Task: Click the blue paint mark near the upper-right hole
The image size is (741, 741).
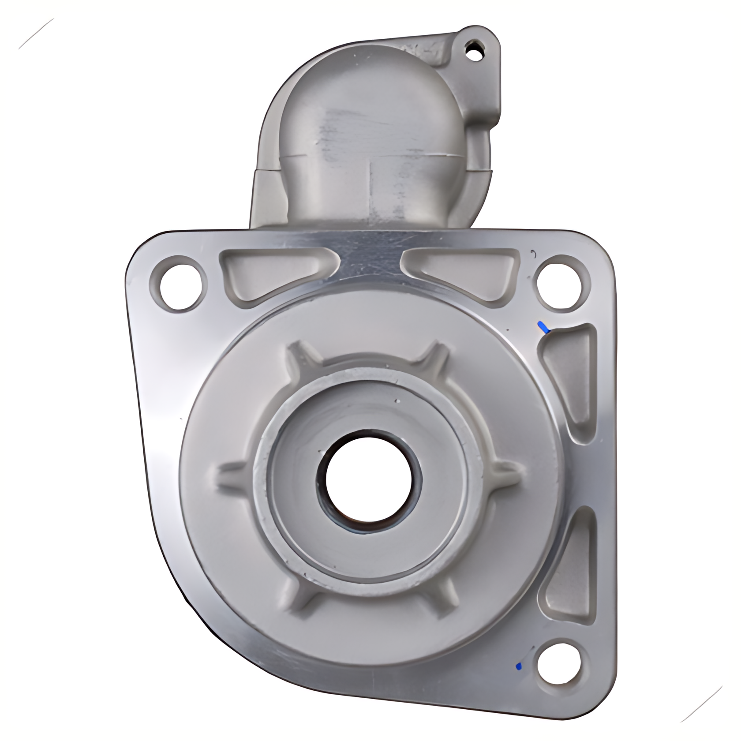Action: pyautogui.click(x=543, y=327)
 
